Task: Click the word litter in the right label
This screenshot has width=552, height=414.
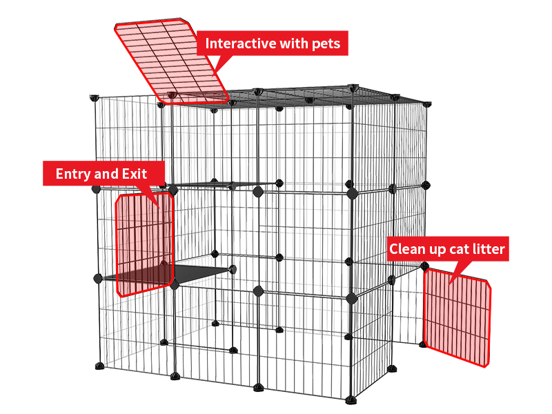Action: pos(488,249)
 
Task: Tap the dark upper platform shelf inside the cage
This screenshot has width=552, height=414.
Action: pos(214,184)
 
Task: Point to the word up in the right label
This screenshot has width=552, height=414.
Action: pos(437,249)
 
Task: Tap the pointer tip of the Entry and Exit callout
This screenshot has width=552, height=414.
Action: pos(160,207)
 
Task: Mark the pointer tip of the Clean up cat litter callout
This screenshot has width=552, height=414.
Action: pos(449,284)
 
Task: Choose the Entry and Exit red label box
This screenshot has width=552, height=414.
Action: pos(103,173)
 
